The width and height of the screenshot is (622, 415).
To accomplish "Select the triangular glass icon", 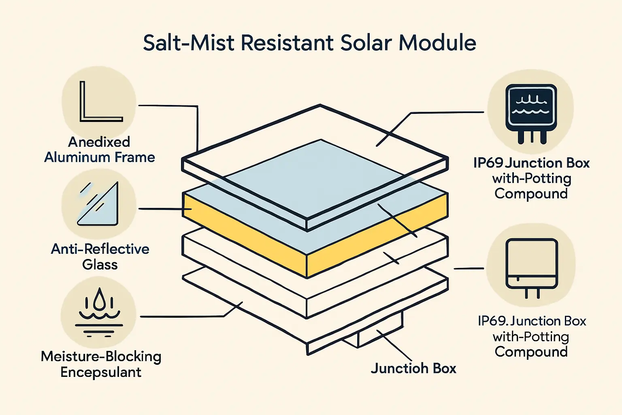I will point(100,205).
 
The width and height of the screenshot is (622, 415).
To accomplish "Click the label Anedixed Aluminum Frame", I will point(100,150).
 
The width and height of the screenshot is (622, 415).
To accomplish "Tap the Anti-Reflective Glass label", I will point(100,257).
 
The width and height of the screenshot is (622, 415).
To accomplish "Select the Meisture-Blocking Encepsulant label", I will point(101,364).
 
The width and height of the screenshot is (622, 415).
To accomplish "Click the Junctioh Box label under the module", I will point(413,368).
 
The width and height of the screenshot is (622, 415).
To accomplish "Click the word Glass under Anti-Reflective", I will point(100,265).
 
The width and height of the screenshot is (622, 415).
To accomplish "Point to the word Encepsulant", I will point(101,372).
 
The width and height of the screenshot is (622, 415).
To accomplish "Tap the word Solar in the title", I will point(367,43).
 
